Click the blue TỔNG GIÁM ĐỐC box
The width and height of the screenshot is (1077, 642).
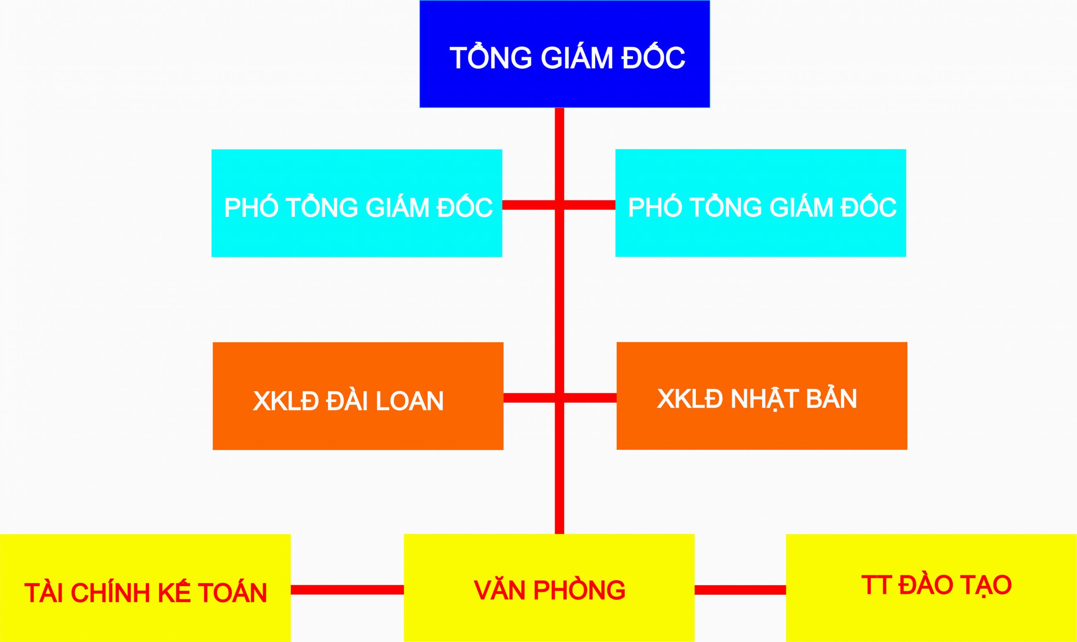(565, 54)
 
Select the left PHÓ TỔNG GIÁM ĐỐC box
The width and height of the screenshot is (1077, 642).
(356, 203)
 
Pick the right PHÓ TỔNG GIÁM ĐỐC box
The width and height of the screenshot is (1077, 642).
(761, 203)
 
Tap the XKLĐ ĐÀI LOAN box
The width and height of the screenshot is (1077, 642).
(358, 396)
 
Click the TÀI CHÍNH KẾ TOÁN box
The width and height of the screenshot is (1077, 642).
(145, 588)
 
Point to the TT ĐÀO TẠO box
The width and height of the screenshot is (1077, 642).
(931, 588)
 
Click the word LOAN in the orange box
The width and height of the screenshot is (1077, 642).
(410, 401)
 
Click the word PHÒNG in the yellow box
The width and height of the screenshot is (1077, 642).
(579, 590)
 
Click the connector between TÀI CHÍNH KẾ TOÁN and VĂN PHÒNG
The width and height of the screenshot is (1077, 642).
(347, 590)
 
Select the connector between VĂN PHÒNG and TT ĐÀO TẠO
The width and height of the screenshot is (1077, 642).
(740, 590)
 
